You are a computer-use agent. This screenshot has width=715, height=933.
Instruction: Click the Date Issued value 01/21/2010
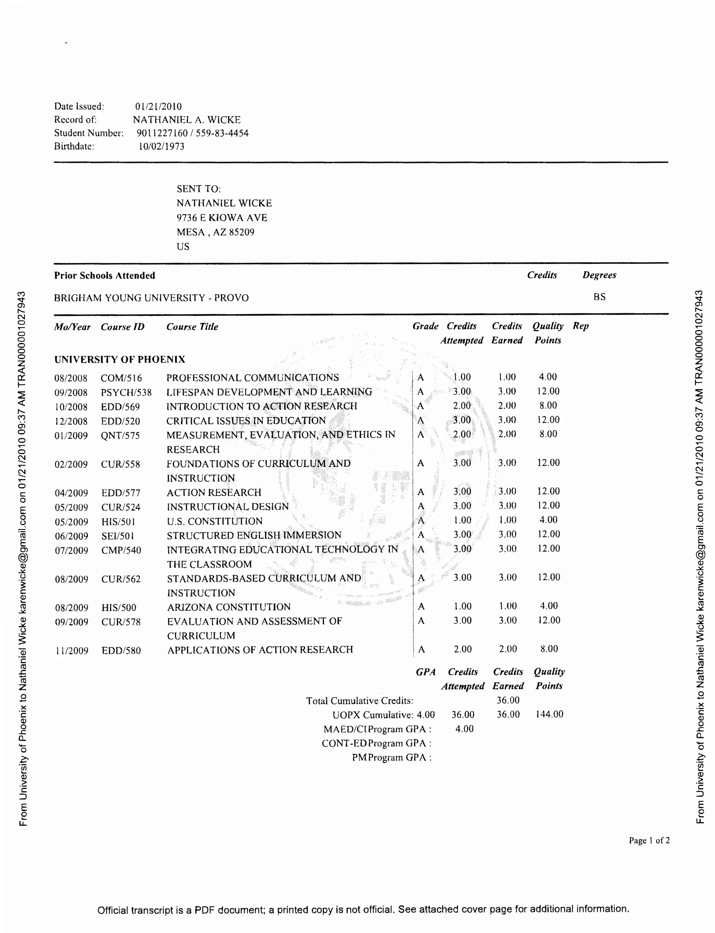[158, 106]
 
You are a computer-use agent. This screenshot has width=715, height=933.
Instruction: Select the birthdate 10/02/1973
[161, 146]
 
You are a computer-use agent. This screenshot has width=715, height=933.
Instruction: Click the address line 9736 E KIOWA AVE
[222, 218]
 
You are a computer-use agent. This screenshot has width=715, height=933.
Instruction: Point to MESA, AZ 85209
[215, 232]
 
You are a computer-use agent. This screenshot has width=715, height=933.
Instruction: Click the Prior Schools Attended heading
[104, 276]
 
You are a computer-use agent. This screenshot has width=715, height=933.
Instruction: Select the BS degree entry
[599, 297]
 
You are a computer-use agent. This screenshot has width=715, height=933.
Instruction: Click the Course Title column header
[192, 327]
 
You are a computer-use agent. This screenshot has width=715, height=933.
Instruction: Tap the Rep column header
[581, 326]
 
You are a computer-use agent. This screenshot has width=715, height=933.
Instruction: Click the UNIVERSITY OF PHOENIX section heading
[120, 360]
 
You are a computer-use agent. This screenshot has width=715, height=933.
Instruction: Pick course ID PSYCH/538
[126, 393]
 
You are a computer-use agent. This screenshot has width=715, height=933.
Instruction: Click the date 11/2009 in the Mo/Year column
[72, 651]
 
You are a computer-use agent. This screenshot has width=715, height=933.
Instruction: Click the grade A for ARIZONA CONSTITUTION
[421, 607]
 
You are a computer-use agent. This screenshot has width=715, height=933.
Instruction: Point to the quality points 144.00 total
[549, 714]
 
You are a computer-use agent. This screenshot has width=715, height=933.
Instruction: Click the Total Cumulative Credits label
[360, 701]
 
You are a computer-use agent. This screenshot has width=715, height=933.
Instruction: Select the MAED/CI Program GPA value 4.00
[464, 729]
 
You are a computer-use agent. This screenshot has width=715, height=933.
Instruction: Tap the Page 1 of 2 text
[649, 840]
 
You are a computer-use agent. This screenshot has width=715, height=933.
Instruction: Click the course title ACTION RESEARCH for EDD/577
[214, 493]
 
